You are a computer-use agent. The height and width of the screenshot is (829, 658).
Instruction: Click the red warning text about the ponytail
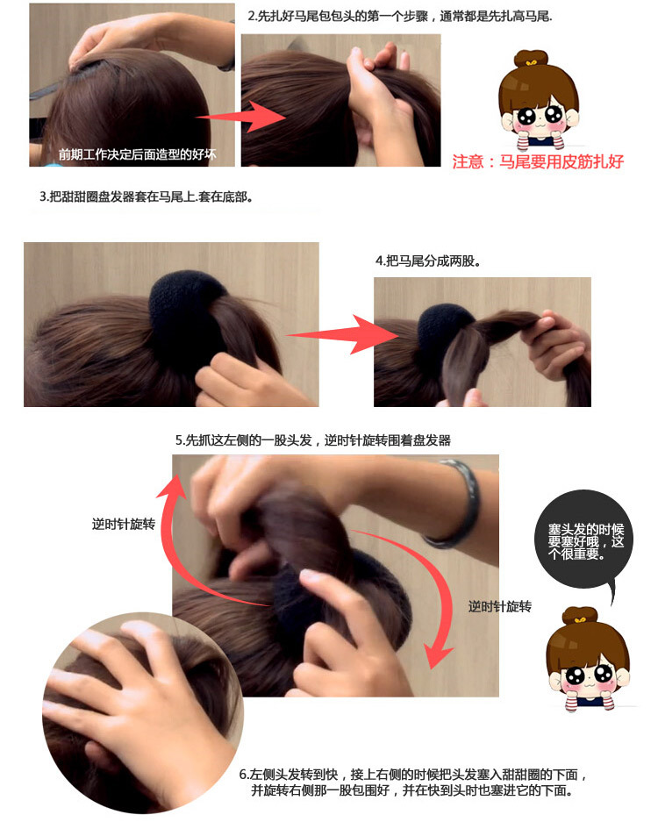538,161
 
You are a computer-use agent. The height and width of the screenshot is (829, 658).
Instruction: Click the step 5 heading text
312,440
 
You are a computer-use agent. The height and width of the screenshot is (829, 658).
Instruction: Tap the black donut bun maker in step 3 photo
188,306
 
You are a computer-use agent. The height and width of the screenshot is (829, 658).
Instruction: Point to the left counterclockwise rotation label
124,525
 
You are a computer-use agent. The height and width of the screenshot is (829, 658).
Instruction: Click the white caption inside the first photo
136,155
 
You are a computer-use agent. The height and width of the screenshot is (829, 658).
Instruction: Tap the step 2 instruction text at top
399,17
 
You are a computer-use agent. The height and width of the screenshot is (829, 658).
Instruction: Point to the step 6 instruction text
412,783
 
